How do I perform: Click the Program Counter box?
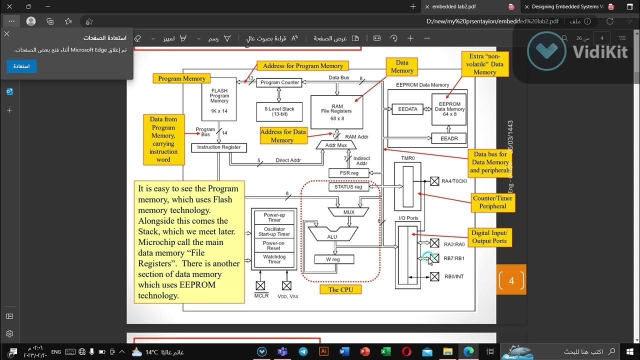[279, 82]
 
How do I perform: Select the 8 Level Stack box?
[279, 111]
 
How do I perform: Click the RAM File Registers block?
[336, 112]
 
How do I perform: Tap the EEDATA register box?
[404, 109]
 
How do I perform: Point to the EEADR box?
[448, 138]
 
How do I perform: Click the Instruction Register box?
[218, 147]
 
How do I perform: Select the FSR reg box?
[349, 173]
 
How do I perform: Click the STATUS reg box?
[348, 187]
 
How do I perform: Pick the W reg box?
[334, 259]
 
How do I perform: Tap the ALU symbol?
[332, 235]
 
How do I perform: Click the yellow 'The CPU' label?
[340, 289]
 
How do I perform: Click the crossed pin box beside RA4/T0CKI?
[434, 181]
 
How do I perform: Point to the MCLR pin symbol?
[260, 286]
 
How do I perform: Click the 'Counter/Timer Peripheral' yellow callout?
[492, 202]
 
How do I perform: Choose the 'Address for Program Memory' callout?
[303, 66]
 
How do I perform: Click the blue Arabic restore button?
[21, 66]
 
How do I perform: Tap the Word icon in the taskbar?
[344, 352]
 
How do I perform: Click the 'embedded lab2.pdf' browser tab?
[454, 7]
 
